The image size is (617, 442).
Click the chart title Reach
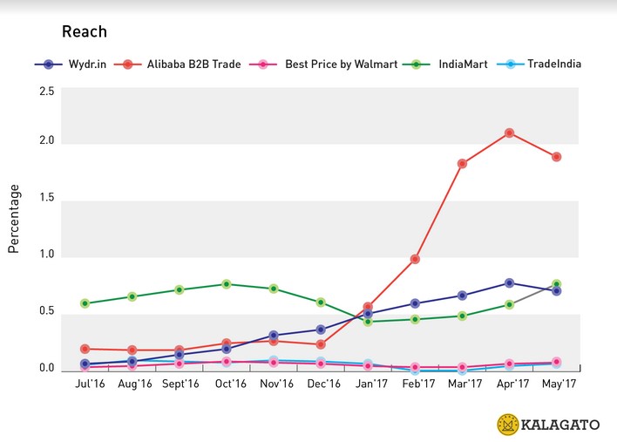[x=84, y=32]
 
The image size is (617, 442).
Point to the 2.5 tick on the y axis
[x=46, y=92]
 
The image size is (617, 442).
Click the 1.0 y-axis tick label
[x=46, y=255]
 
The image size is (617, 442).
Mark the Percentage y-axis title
[x=14, y=218]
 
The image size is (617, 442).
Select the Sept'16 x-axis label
[x=179, y=384]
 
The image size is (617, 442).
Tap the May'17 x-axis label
[x=555, y=384]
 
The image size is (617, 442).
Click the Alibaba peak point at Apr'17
[x=508, y=133]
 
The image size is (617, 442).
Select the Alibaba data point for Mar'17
[x=462, y=164]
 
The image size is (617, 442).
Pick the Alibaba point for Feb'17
[x=415, y=260]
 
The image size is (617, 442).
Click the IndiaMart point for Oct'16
[x=227, y=284]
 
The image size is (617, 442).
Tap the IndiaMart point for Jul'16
[x=85, y=303]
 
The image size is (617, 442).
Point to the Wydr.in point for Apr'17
[x=508, y=283]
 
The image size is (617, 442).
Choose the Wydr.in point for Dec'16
[x=321, y=330]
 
